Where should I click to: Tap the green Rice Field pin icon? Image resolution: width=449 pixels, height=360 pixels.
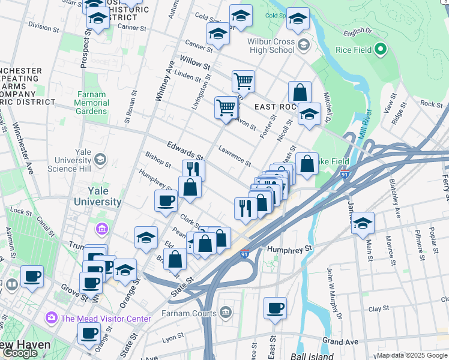tap(380, 49)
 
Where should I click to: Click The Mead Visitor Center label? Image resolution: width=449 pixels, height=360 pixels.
tap(105, 319)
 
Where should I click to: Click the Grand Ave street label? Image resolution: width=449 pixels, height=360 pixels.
tap(339, 341)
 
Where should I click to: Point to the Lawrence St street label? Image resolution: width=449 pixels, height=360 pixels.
tap(235, 155)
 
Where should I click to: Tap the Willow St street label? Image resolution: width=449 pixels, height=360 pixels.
tap(194, 61)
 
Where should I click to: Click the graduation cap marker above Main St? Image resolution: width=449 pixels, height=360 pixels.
tap(363, 223)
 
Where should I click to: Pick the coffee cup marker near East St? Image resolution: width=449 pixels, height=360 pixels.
tap(275, 308)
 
